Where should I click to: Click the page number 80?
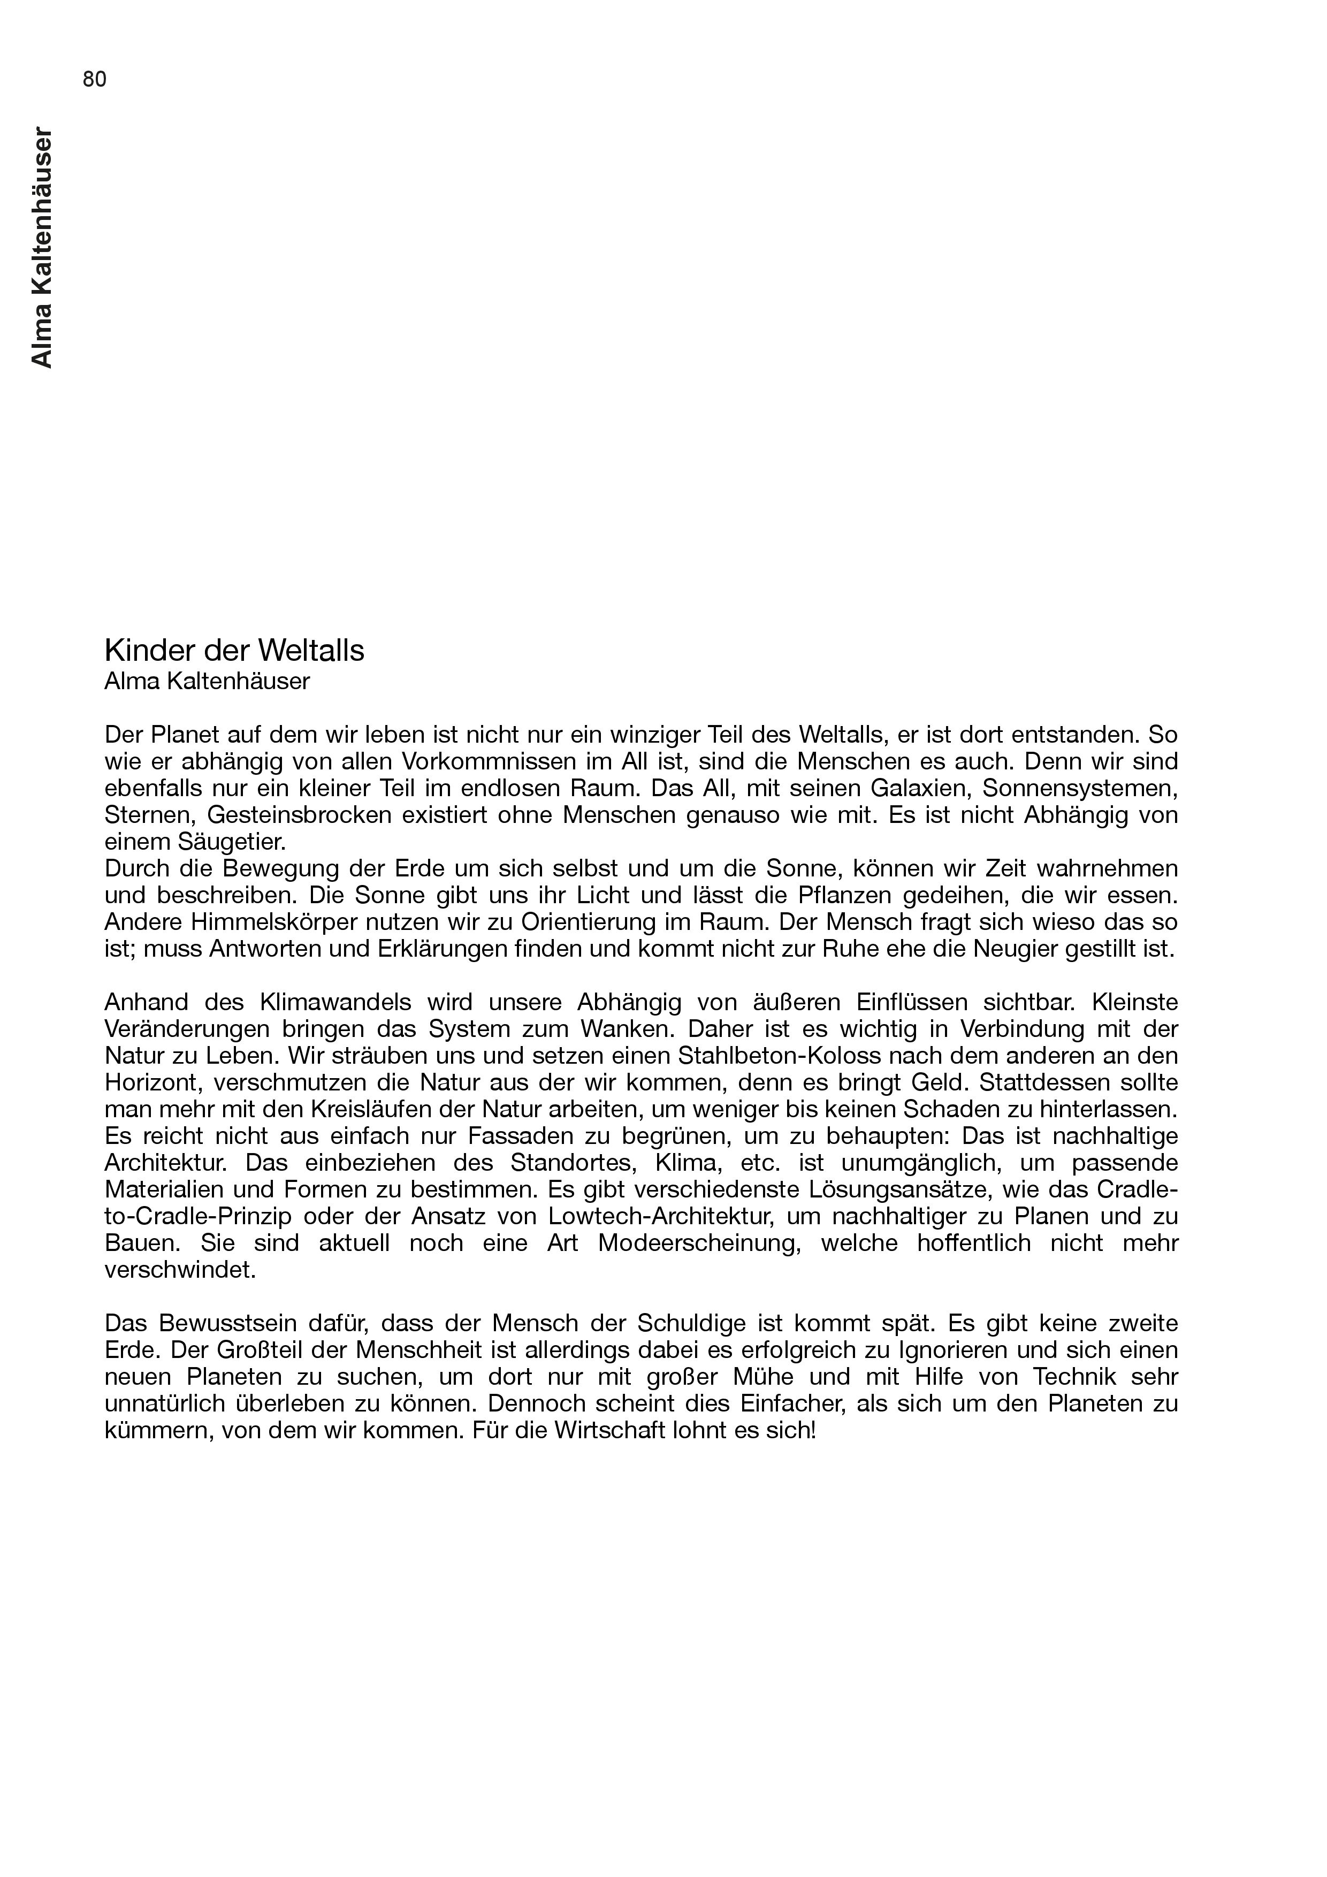(x=95, y=79)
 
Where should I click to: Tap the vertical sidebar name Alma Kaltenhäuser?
(x=42, y=248)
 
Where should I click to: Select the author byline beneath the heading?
(x=207, y=681)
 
